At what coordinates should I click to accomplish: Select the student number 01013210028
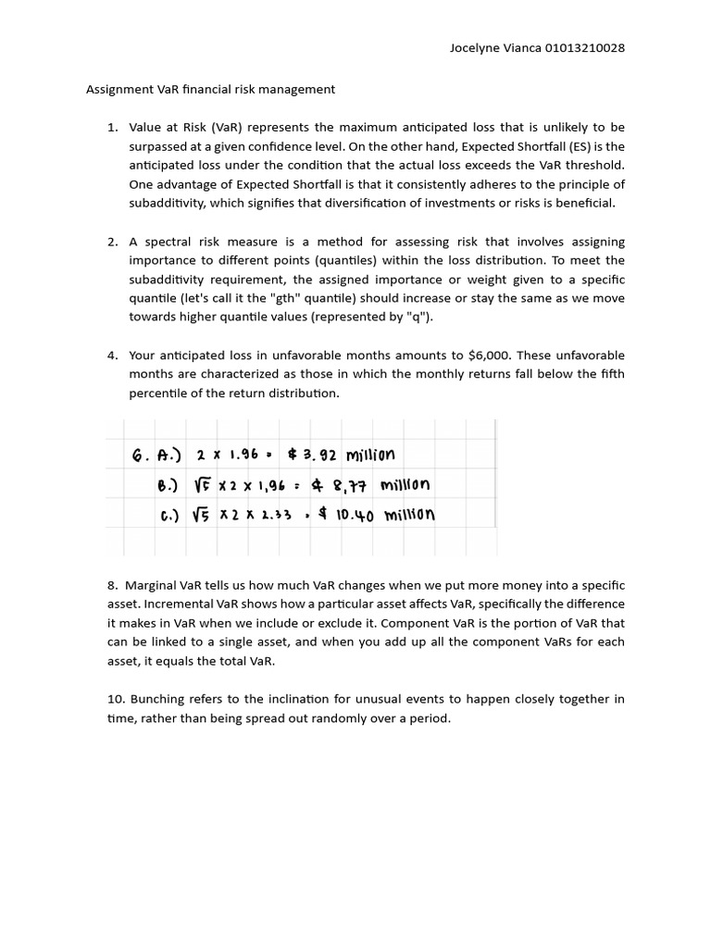point(585,47)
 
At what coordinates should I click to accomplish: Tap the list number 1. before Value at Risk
point(112,128)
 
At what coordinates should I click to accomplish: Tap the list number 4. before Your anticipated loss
point(112,355)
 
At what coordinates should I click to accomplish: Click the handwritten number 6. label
point(141,455)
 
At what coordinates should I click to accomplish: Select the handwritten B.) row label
point(169,484)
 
